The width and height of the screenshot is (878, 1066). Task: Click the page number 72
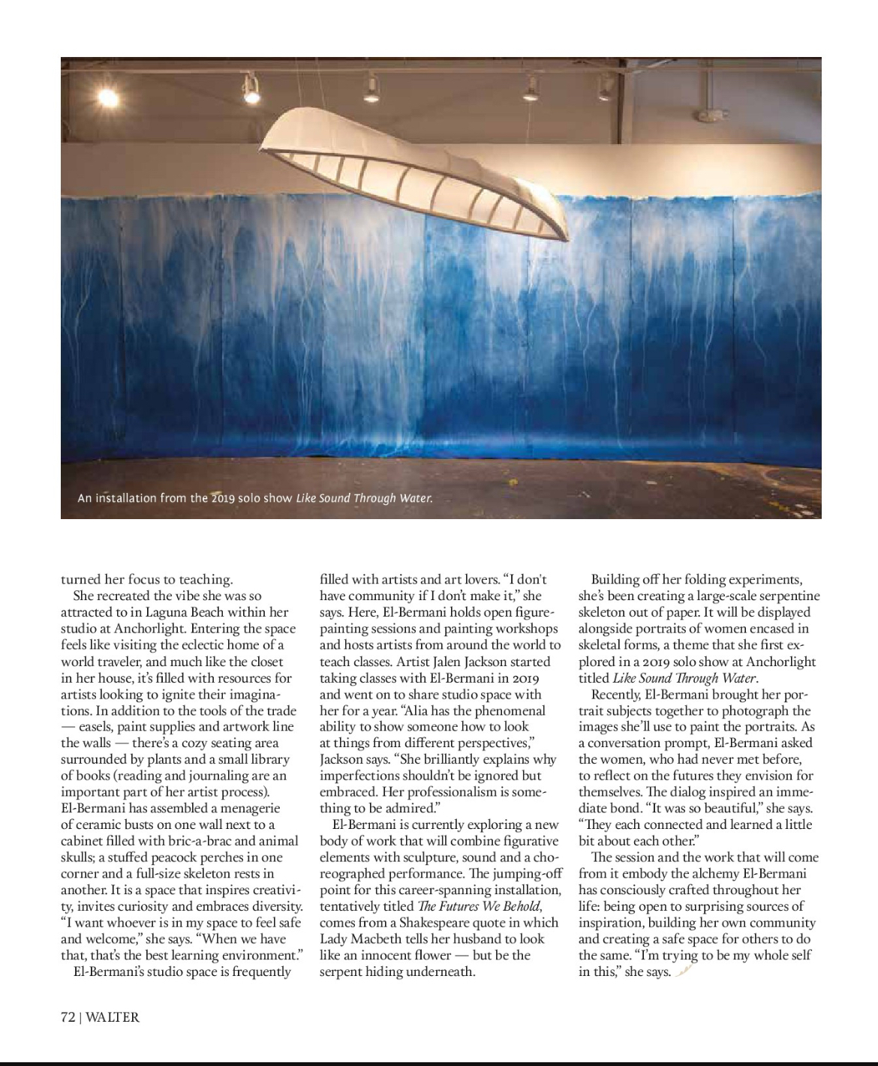click(x=68, y=1017)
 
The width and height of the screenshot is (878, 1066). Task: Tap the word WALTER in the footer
click(x=113, y=1017)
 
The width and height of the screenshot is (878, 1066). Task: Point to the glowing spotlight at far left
click(x=107, y=97)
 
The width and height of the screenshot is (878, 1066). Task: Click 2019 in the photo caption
click(x=223, y=498)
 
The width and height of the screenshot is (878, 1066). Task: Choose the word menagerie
click(x=243, y=808)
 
